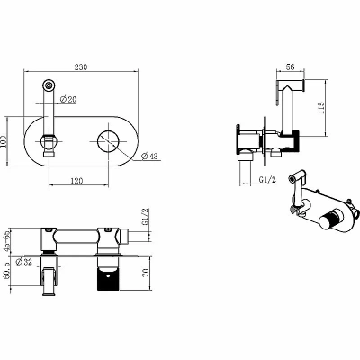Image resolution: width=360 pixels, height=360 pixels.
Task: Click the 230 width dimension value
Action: [81, 67]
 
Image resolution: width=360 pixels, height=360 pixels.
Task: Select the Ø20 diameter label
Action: [68, 99]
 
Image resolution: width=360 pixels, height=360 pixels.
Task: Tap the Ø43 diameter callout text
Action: [149, 156]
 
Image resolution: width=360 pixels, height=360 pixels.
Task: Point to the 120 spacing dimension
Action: [76, 181]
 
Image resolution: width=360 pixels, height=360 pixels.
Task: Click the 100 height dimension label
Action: [4, 141]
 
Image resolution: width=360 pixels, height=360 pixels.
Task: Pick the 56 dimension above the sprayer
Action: [290, 67]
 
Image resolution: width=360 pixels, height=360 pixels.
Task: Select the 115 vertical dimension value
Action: [320, 108]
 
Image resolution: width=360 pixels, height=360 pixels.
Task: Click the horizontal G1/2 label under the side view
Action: [267, 180]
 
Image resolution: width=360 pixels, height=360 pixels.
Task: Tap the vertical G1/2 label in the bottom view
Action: [145, 217]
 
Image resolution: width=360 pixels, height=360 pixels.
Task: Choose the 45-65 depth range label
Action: [6, 241]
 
